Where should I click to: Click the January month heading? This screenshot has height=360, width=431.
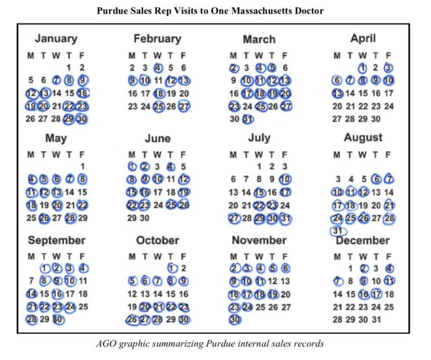[56, 38]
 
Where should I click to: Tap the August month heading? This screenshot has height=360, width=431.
[363, 137]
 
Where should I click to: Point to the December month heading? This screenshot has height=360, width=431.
[363, 240]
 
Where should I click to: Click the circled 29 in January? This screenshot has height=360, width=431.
[69, 118]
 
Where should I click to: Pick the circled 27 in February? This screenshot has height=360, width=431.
[184, 106]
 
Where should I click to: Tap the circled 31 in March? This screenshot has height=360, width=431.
[247, 118]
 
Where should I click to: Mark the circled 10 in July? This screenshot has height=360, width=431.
[286, 180]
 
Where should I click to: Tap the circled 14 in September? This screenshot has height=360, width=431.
[31, 293]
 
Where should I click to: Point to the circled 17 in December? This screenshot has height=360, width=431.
[376, 293]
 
